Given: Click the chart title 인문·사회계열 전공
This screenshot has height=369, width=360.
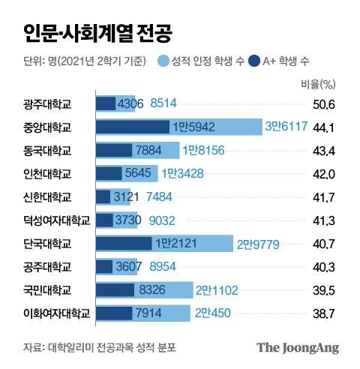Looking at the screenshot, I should pyautogui.click(x=95, y=32).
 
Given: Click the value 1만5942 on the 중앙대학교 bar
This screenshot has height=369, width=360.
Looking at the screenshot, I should pyautogui.click(x=190, y=127).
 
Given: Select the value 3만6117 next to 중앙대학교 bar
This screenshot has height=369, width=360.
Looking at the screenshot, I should pyautogui.click(x=285, y=127).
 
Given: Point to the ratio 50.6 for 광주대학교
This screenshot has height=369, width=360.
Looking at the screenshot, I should pyautogui.click(x=324, y=104).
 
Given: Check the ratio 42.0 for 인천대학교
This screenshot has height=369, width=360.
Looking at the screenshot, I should pyautogui.click(x=324, y=174).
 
